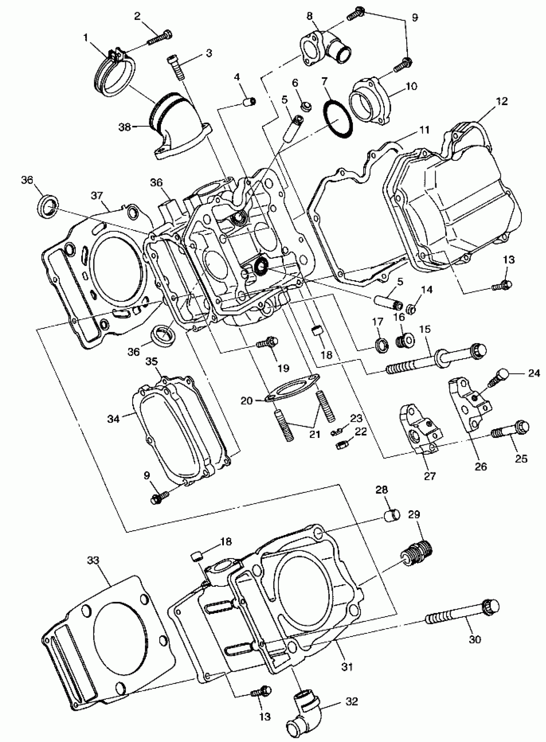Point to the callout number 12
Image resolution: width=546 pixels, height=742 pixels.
tap(502, 101)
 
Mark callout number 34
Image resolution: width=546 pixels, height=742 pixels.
tap(113, 419)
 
